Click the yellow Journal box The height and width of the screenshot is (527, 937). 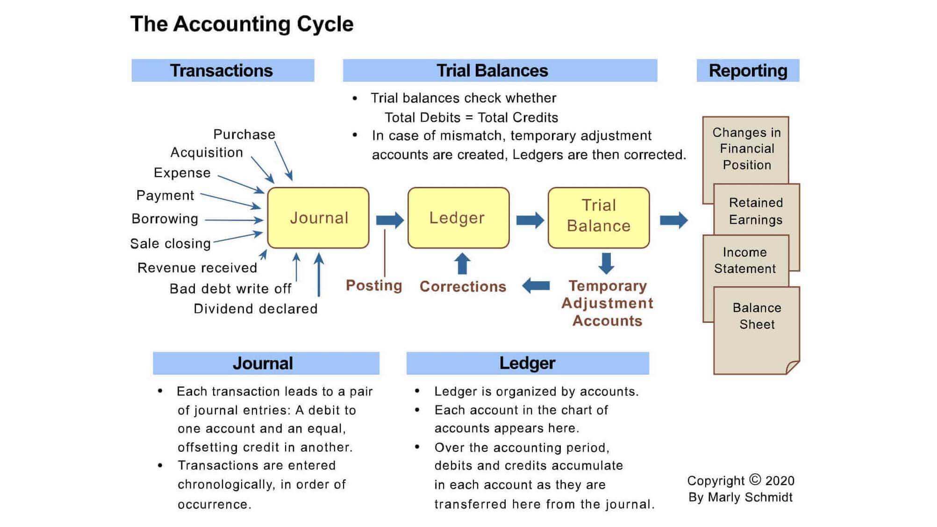tap(318, 218)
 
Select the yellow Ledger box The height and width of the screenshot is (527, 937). tap(458, 218)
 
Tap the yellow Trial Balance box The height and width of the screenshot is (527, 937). tap(599, 218)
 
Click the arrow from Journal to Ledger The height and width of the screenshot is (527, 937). tap(390, 220)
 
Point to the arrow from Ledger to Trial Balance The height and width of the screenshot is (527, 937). tap(530, 220)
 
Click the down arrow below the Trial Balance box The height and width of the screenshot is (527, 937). tap(606, 263)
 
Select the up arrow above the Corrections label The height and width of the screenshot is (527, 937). tap(463, 263)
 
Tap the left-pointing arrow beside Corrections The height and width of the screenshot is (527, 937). tap(536, 285)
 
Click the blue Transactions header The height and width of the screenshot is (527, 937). tap(223, 71)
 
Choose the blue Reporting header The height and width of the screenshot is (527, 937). tap(748, 71)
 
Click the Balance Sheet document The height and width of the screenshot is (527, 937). tap(757, 330)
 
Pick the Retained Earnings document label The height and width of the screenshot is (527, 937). tap(756, 211)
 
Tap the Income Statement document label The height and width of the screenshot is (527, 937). tap(745, 260)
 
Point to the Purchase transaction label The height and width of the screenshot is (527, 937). tap(244, 135)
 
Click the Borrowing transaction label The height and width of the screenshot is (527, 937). tap(165, 219)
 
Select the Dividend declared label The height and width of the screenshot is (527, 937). tap(256, 309)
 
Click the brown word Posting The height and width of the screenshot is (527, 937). tap(374, 285)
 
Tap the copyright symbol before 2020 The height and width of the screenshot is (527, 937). tap(755, 480)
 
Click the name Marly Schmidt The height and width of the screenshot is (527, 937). tap(750, 497)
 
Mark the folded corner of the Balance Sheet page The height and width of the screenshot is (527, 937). tap(793, 367)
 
